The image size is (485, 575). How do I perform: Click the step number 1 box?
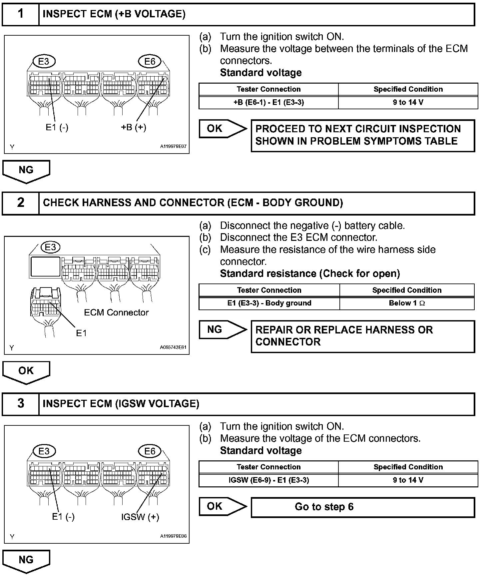pyautogui.click(x=21, y=14)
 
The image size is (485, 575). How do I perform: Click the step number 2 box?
pyautogui.click(x=21, y=203)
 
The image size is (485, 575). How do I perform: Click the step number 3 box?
pyautogui.click(x=21, y=403)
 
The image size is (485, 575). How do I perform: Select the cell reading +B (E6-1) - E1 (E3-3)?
pyautogui.click(x=268, y=102)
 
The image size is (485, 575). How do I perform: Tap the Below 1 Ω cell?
pyautogui.click(x=407, y=303)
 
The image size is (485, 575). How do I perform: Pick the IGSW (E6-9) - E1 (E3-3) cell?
pyautogui.click(x=268, y=480)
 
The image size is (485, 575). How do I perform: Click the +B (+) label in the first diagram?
pyautogui.click(x=133, y=127)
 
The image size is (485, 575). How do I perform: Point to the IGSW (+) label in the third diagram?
pyautogui.click(x=140, y=517)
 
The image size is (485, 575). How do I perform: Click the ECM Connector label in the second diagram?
pyautogui.click(x=116, y=312)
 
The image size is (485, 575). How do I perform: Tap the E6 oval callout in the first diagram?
pyautogui.click(x=150, y=61)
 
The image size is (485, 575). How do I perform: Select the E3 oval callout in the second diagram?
pyautogui.click(x=50, y=247)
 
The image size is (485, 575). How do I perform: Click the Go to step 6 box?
pyautogui.click(x=362, y=507)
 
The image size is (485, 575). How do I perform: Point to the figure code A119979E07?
pyautogui.click(x=173, y=146)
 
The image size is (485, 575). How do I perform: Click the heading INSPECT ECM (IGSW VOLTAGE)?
pyautogui.click(x=121, y=404)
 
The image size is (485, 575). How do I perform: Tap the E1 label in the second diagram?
pyautogui.click(x=81, y=333)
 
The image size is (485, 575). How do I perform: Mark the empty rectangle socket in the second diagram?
pyautogui.click(x=46, y=267)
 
